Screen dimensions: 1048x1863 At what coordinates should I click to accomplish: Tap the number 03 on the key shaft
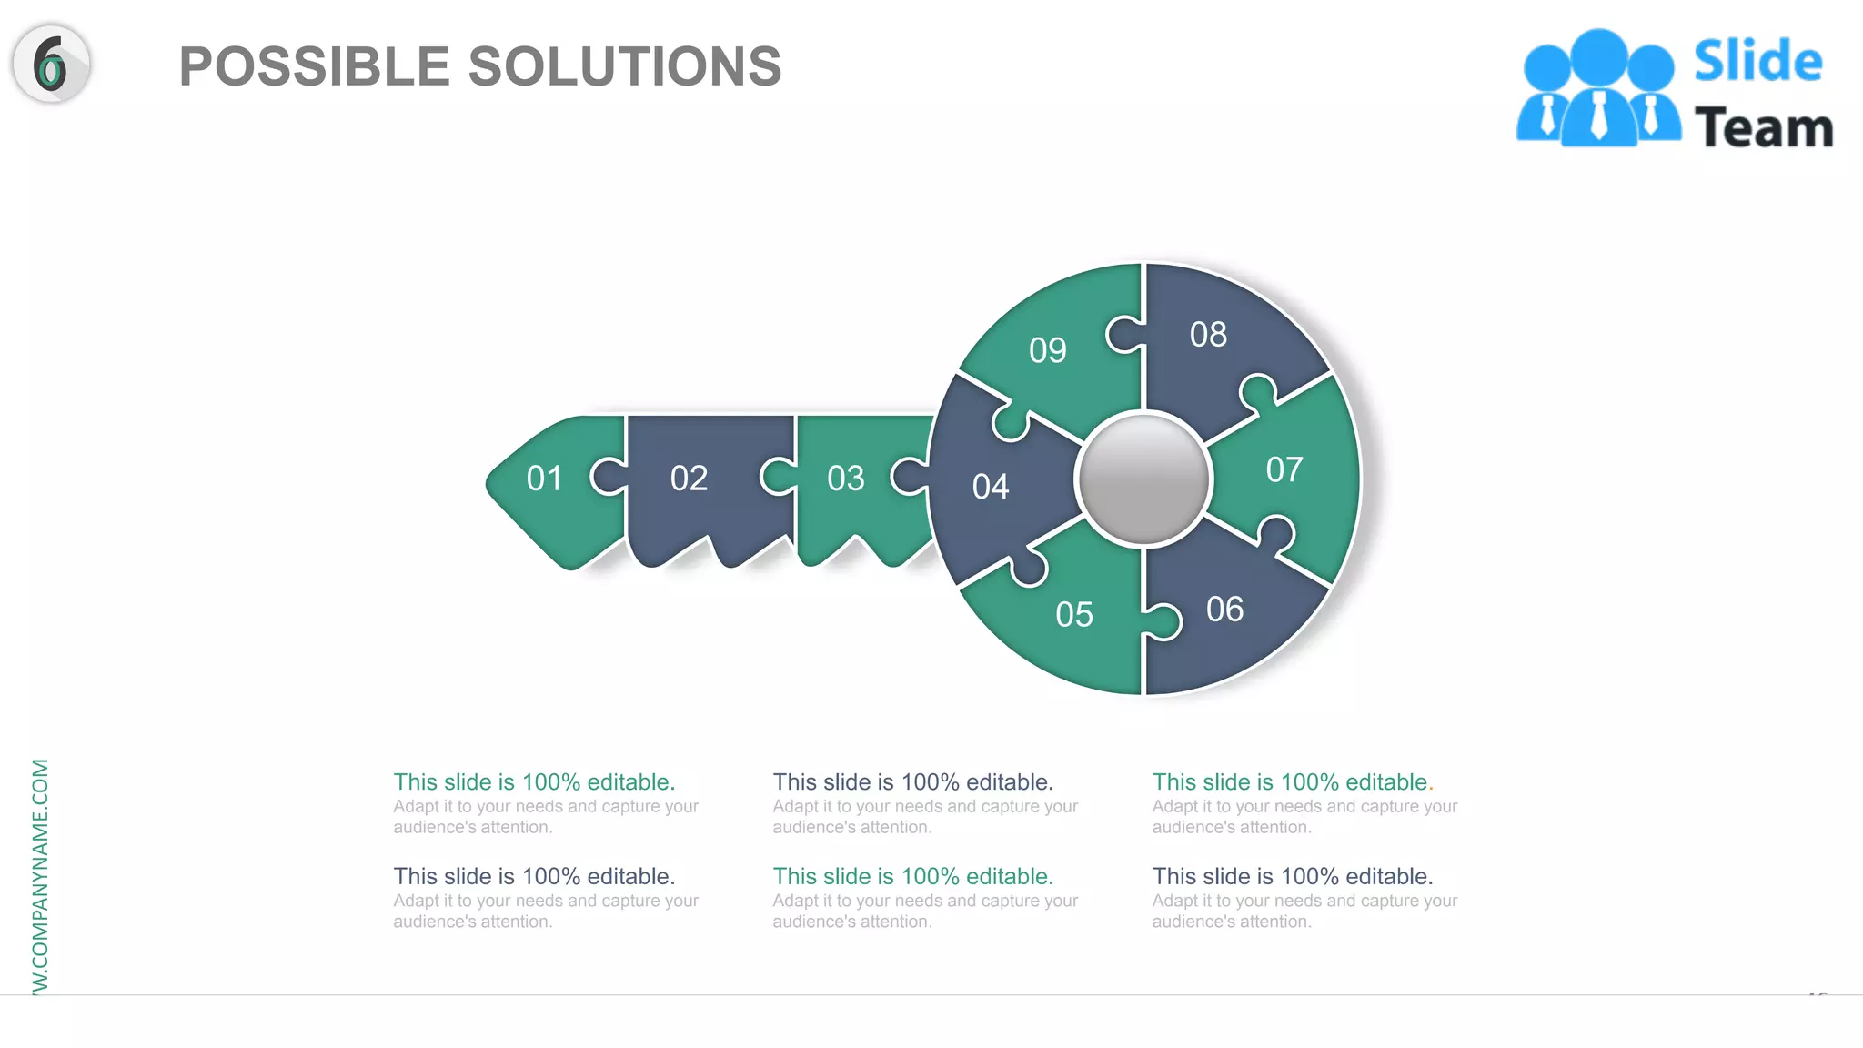click(845, 479)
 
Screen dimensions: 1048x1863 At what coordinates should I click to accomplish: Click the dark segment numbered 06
click(1224, 610)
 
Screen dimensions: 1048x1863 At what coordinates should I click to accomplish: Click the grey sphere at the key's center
click(1143, 479)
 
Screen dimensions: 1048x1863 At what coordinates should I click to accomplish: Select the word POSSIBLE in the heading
click(314, 67)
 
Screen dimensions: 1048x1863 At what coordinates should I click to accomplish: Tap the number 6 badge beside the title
click(51, 64)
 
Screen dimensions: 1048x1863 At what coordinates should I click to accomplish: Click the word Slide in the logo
click(1757, 62)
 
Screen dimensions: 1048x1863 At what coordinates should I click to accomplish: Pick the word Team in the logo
click(1763, 127)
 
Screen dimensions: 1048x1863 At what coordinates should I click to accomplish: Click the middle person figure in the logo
click(1598, 91)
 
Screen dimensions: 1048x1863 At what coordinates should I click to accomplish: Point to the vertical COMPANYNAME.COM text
click(40, 873)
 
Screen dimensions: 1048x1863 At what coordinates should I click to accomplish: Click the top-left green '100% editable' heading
click(534, 782)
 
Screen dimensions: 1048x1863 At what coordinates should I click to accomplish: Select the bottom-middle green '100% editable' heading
click(912, 877)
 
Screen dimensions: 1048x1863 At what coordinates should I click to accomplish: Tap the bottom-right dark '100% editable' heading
click(1292, 877)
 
